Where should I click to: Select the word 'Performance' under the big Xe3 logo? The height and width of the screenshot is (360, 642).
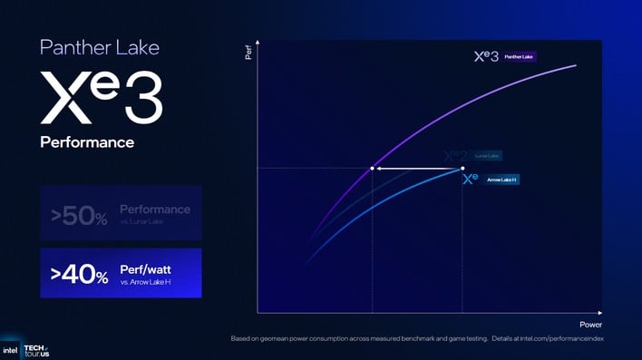point(87,142)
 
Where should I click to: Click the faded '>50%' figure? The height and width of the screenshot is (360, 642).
point(79,216)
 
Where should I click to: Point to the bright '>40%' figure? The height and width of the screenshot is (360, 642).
point(79,273)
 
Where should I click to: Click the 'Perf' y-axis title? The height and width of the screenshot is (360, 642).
point(248,54)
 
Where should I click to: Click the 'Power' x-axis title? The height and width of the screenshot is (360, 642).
point(590,324)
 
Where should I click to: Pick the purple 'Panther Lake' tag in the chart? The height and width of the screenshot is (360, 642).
point(519,56)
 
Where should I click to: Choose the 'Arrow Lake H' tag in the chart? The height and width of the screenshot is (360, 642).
point(501,180)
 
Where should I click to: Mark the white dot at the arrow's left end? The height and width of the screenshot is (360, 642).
point(373,169)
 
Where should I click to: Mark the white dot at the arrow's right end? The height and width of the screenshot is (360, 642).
point(462,169)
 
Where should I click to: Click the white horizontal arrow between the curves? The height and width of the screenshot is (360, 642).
point(417,169)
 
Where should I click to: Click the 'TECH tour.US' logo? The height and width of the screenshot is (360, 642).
point(35,349)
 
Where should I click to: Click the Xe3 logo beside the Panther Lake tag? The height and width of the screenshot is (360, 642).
point(486,56)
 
